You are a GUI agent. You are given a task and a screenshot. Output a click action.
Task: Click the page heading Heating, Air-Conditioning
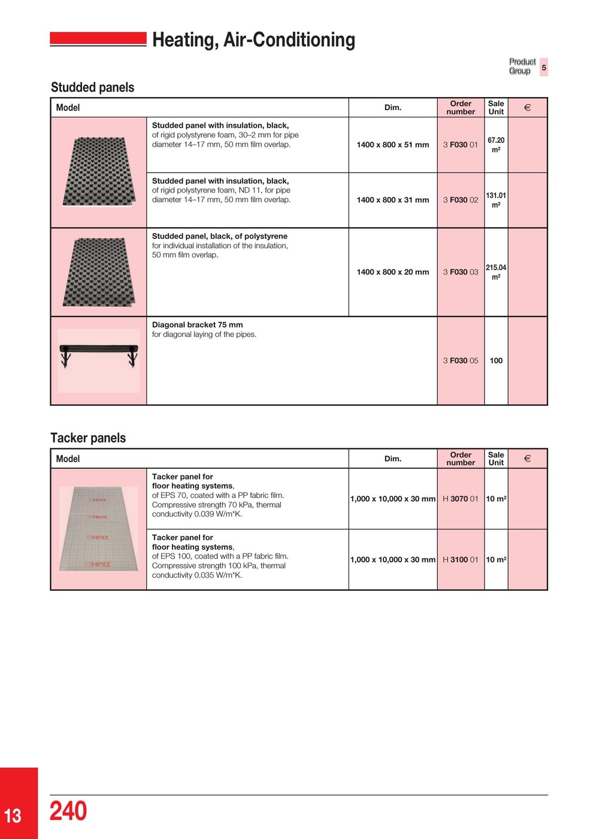253,40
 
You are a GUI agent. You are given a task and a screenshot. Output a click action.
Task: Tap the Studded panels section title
92,87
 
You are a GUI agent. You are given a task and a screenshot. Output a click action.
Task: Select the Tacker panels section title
88,438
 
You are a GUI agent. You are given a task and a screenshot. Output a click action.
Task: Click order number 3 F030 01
461,144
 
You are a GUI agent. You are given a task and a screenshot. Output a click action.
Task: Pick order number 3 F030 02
461,200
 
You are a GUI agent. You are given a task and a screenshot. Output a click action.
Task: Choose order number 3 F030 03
461,272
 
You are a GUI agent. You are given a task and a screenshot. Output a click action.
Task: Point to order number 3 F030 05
461,361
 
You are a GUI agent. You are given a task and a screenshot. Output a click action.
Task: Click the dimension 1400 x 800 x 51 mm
393,144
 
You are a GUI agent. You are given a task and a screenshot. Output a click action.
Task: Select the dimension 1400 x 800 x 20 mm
393,272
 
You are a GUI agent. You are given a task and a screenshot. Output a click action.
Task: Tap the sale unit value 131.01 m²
496,200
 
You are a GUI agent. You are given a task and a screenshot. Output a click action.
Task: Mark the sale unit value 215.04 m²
496,272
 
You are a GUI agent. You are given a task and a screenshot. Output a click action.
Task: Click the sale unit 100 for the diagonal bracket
496,361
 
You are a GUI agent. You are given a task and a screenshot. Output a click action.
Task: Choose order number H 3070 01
461,499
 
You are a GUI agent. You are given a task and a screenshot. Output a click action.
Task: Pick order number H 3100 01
461,560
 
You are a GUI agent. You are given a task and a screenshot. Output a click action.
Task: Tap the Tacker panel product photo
99,529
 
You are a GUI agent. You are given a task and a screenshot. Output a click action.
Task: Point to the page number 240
68,811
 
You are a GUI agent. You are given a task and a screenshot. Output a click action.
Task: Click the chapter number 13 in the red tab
13,816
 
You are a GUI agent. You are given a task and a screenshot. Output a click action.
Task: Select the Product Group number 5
544,67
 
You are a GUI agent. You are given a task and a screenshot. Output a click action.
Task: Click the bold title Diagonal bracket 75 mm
198,325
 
